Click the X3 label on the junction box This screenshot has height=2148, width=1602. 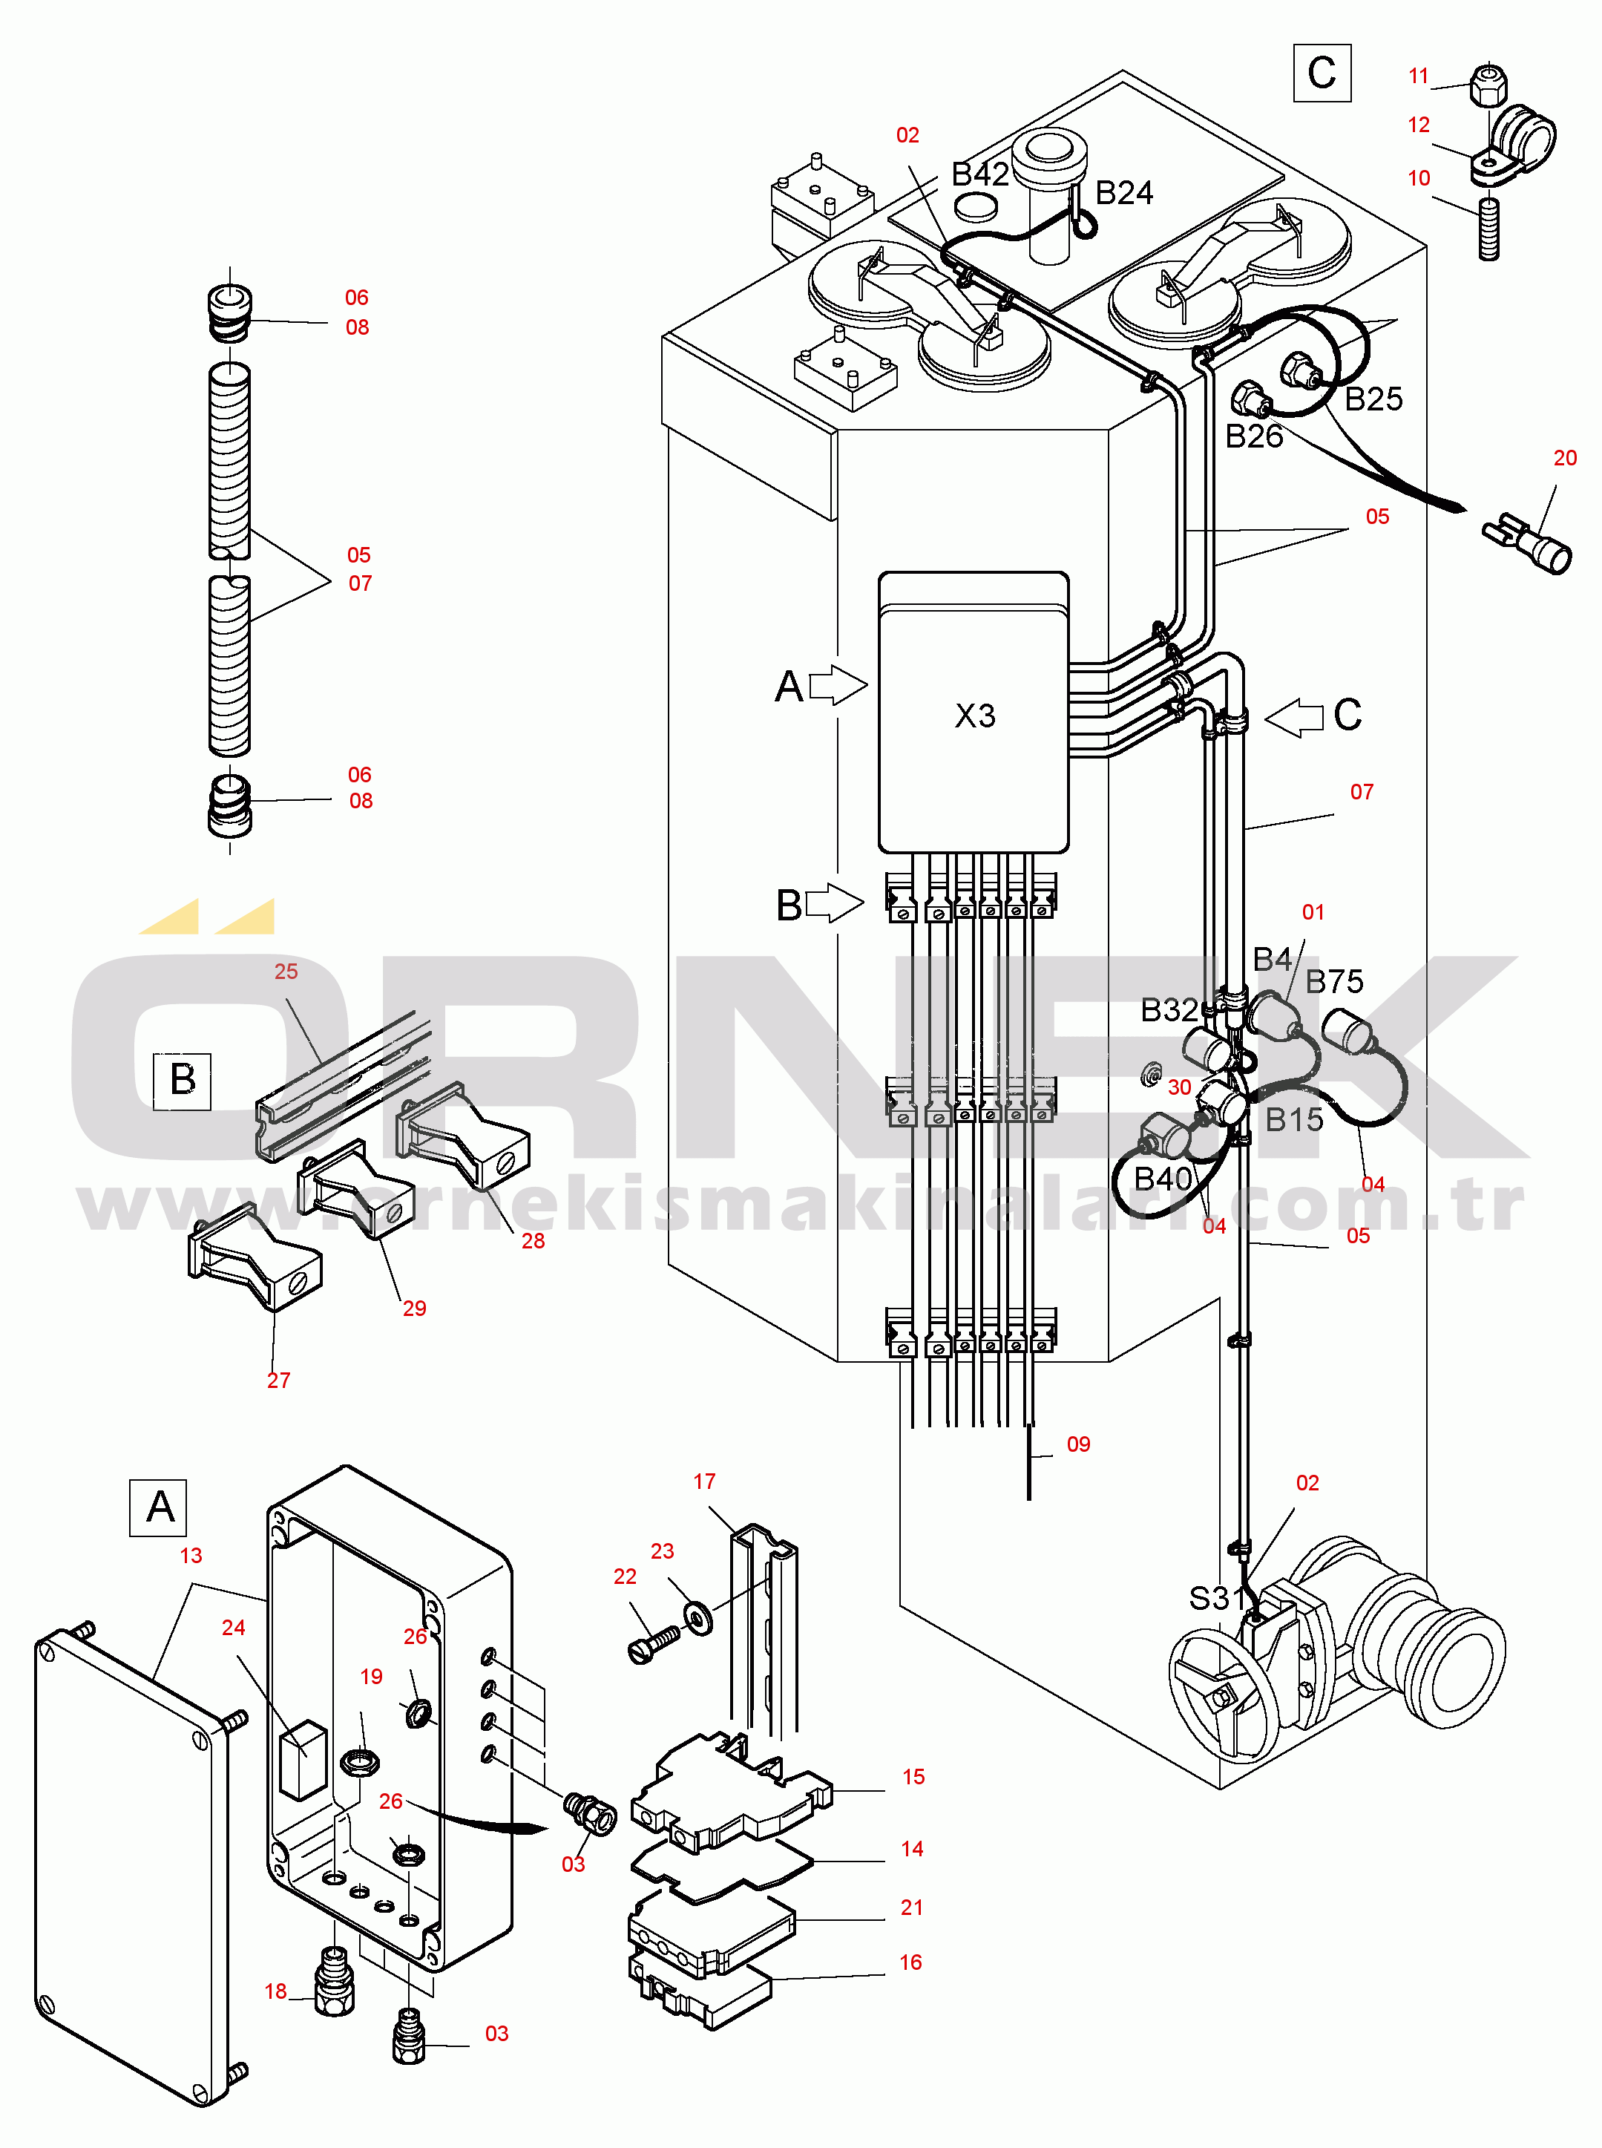[x=974, y=716]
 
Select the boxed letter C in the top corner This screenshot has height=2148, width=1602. [x=1322, y=73]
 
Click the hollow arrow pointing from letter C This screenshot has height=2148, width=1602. [x=1295, y=718]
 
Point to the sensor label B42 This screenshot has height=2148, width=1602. [x=979, y=174]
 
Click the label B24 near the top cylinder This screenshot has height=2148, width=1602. [x=1124, y=193]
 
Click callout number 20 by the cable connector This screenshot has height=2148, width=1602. [x=1565, y=458]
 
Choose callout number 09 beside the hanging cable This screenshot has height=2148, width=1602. [x=1078, y=1444]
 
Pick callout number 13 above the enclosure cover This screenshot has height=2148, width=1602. [x=191, y=1556]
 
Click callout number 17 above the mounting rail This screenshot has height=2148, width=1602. [x=704, y=1481]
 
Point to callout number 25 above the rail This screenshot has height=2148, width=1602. [x=286, y=972]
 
